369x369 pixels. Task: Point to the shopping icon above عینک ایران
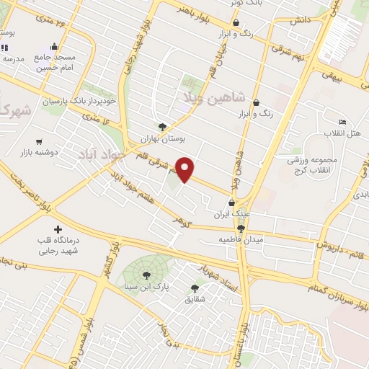(x=231, y=203)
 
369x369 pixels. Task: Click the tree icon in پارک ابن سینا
(x=146, y=274)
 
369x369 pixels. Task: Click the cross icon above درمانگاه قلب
(x=58, y=228)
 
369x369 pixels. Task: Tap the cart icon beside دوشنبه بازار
(x=38, y=142)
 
